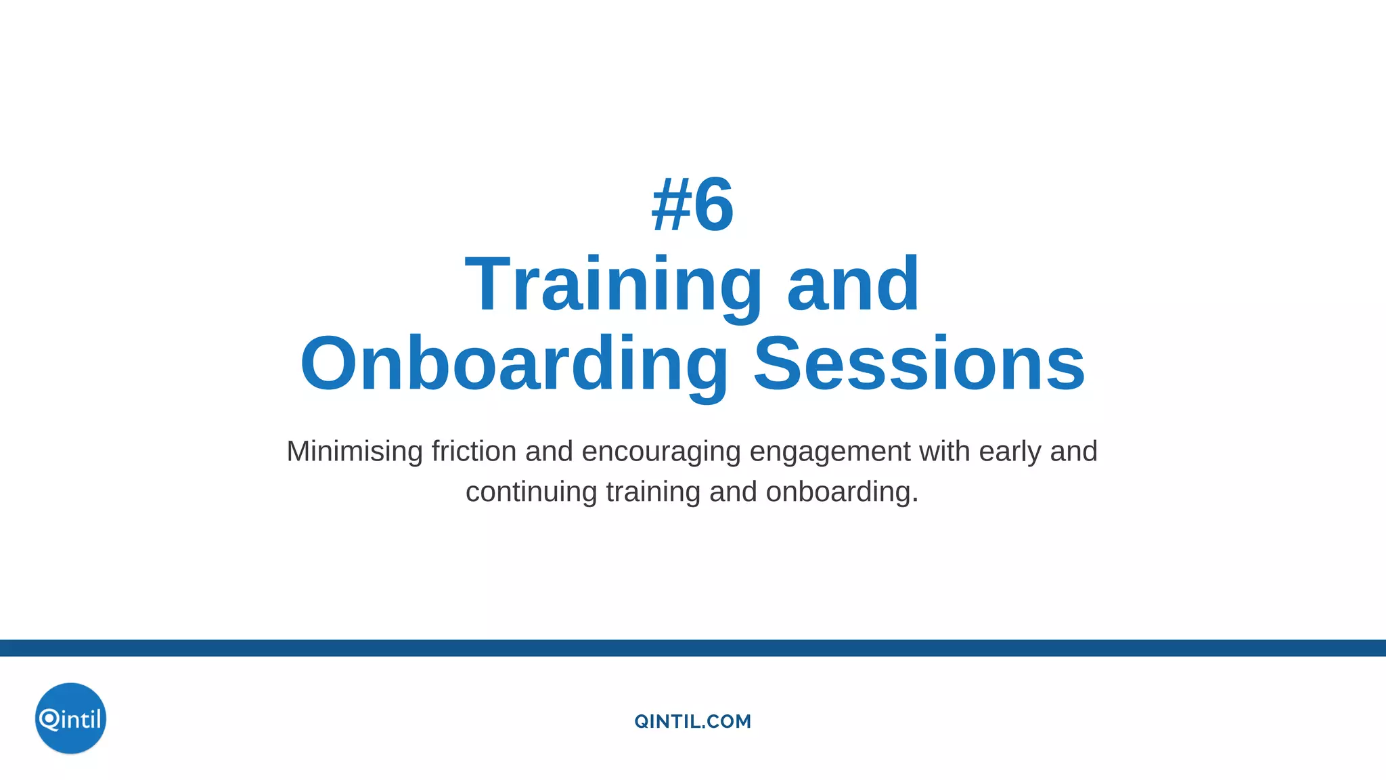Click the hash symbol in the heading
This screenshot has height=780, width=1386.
670,205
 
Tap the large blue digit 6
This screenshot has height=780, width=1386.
714,205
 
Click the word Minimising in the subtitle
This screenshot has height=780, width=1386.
355,452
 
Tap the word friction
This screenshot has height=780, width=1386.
474,452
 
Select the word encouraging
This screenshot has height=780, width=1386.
661,452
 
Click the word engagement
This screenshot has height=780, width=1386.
830,452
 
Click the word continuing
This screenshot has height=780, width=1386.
531,492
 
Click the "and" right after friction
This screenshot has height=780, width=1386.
549,452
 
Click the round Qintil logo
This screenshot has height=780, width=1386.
70,718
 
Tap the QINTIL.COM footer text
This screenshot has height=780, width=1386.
692,722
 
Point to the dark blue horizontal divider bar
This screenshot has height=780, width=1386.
693,648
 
